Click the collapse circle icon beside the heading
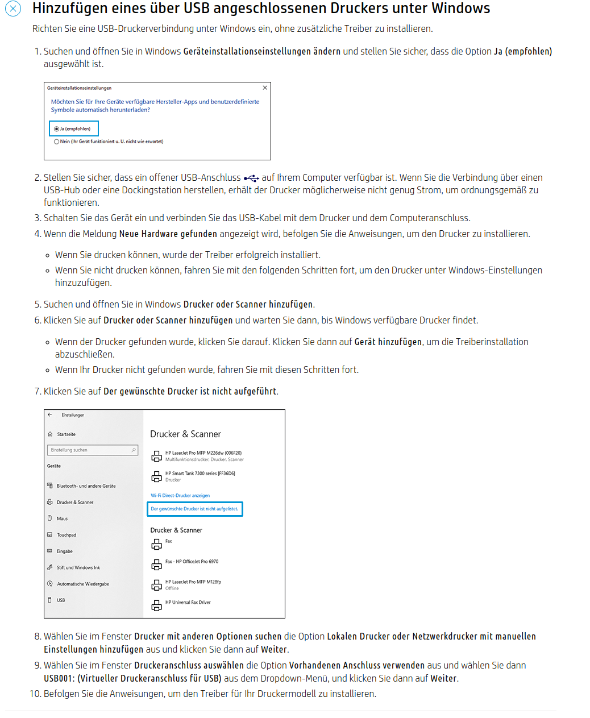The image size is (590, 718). [x=13, y=9]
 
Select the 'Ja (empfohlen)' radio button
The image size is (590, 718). [x=57, y=129]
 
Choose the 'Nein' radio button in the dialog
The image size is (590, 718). [x=57, y=142]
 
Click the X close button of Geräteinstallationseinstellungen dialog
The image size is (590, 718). [x=265, y=88]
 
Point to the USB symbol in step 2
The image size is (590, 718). [x=251, y=178]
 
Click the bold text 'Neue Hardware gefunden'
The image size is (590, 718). [x=168, y=234]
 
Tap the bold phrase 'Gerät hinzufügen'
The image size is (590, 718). [x=388, y=342]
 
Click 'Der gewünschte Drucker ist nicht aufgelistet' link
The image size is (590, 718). [x=194, y=509]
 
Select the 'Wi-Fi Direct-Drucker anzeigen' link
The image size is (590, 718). [x=180, y=496]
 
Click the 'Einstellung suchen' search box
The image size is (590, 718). [x=93, y=450]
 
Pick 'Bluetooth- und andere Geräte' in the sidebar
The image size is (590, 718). [x=86, y=486]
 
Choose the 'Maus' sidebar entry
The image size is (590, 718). [x=62, y=518]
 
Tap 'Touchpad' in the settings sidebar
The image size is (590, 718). [x=67, y=535]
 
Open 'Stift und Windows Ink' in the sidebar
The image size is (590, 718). [x=78, y=567]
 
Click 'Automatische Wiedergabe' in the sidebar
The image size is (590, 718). [x=83, y=584]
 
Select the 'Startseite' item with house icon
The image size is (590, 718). [x=66, y=434]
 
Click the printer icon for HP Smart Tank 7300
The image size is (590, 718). [x=157, y=476]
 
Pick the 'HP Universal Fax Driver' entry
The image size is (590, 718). [x=188, y=603]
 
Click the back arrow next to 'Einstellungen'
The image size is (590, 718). [x=50, y=415]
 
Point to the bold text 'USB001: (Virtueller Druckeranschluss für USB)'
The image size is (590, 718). [x=132, y=678]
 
